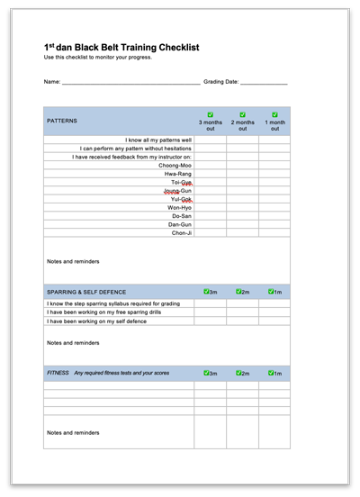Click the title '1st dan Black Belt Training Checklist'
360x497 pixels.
(121, 47)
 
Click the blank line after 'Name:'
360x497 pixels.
(130, 82)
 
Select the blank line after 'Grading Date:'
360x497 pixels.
(264, 82)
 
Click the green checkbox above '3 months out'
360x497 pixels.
(210, 114)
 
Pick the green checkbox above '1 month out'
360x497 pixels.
(274, 114)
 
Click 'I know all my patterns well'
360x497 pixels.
(158, 140)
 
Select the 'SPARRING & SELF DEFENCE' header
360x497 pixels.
(86, 292)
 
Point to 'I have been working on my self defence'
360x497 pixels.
(96, 321)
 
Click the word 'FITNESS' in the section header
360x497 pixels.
(58, 373)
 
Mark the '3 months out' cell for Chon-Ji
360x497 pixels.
(210, 233)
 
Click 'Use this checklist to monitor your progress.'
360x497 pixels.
(98, 58)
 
